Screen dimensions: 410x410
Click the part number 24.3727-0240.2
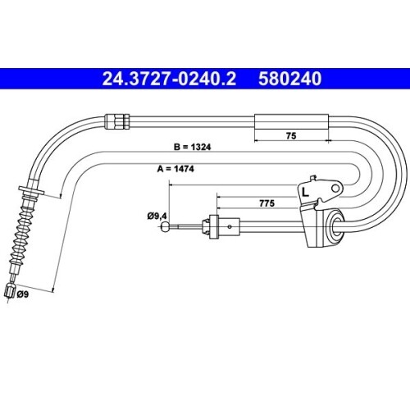(x=169, y=79)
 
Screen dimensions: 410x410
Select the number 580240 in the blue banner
(x=290, y=79)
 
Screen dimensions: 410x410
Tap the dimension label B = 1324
(x=193, y=147)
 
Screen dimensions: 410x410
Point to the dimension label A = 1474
(x=175, y=169)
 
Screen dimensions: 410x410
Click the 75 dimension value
(x=291, y=135)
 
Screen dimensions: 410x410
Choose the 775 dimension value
(x=266, y=203)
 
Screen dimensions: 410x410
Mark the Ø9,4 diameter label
(x=157, y=216)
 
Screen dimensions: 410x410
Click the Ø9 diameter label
(x=22, y=294)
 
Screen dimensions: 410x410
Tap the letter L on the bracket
(x=305, y=192)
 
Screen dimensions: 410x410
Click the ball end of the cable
(x=166, y=226)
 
